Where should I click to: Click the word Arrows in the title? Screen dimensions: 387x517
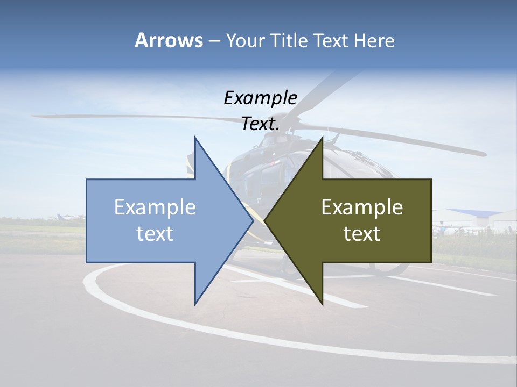click(x=169, y=40)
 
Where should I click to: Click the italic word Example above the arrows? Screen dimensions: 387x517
click(x=260, y=98)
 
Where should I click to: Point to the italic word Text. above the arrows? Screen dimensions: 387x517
click(x=260, y=124)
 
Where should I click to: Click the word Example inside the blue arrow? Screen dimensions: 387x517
click(x=155, y=207)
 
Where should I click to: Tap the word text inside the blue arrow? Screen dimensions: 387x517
click(x=155, y=234)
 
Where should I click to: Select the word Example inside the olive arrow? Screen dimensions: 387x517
click(x=362, y=207)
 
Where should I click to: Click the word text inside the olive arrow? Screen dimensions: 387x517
click(x=362, y=234)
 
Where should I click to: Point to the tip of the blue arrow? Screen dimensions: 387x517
click(x=253, y=220)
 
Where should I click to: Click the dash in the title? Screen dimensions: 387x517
click(x=214, y=41)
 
